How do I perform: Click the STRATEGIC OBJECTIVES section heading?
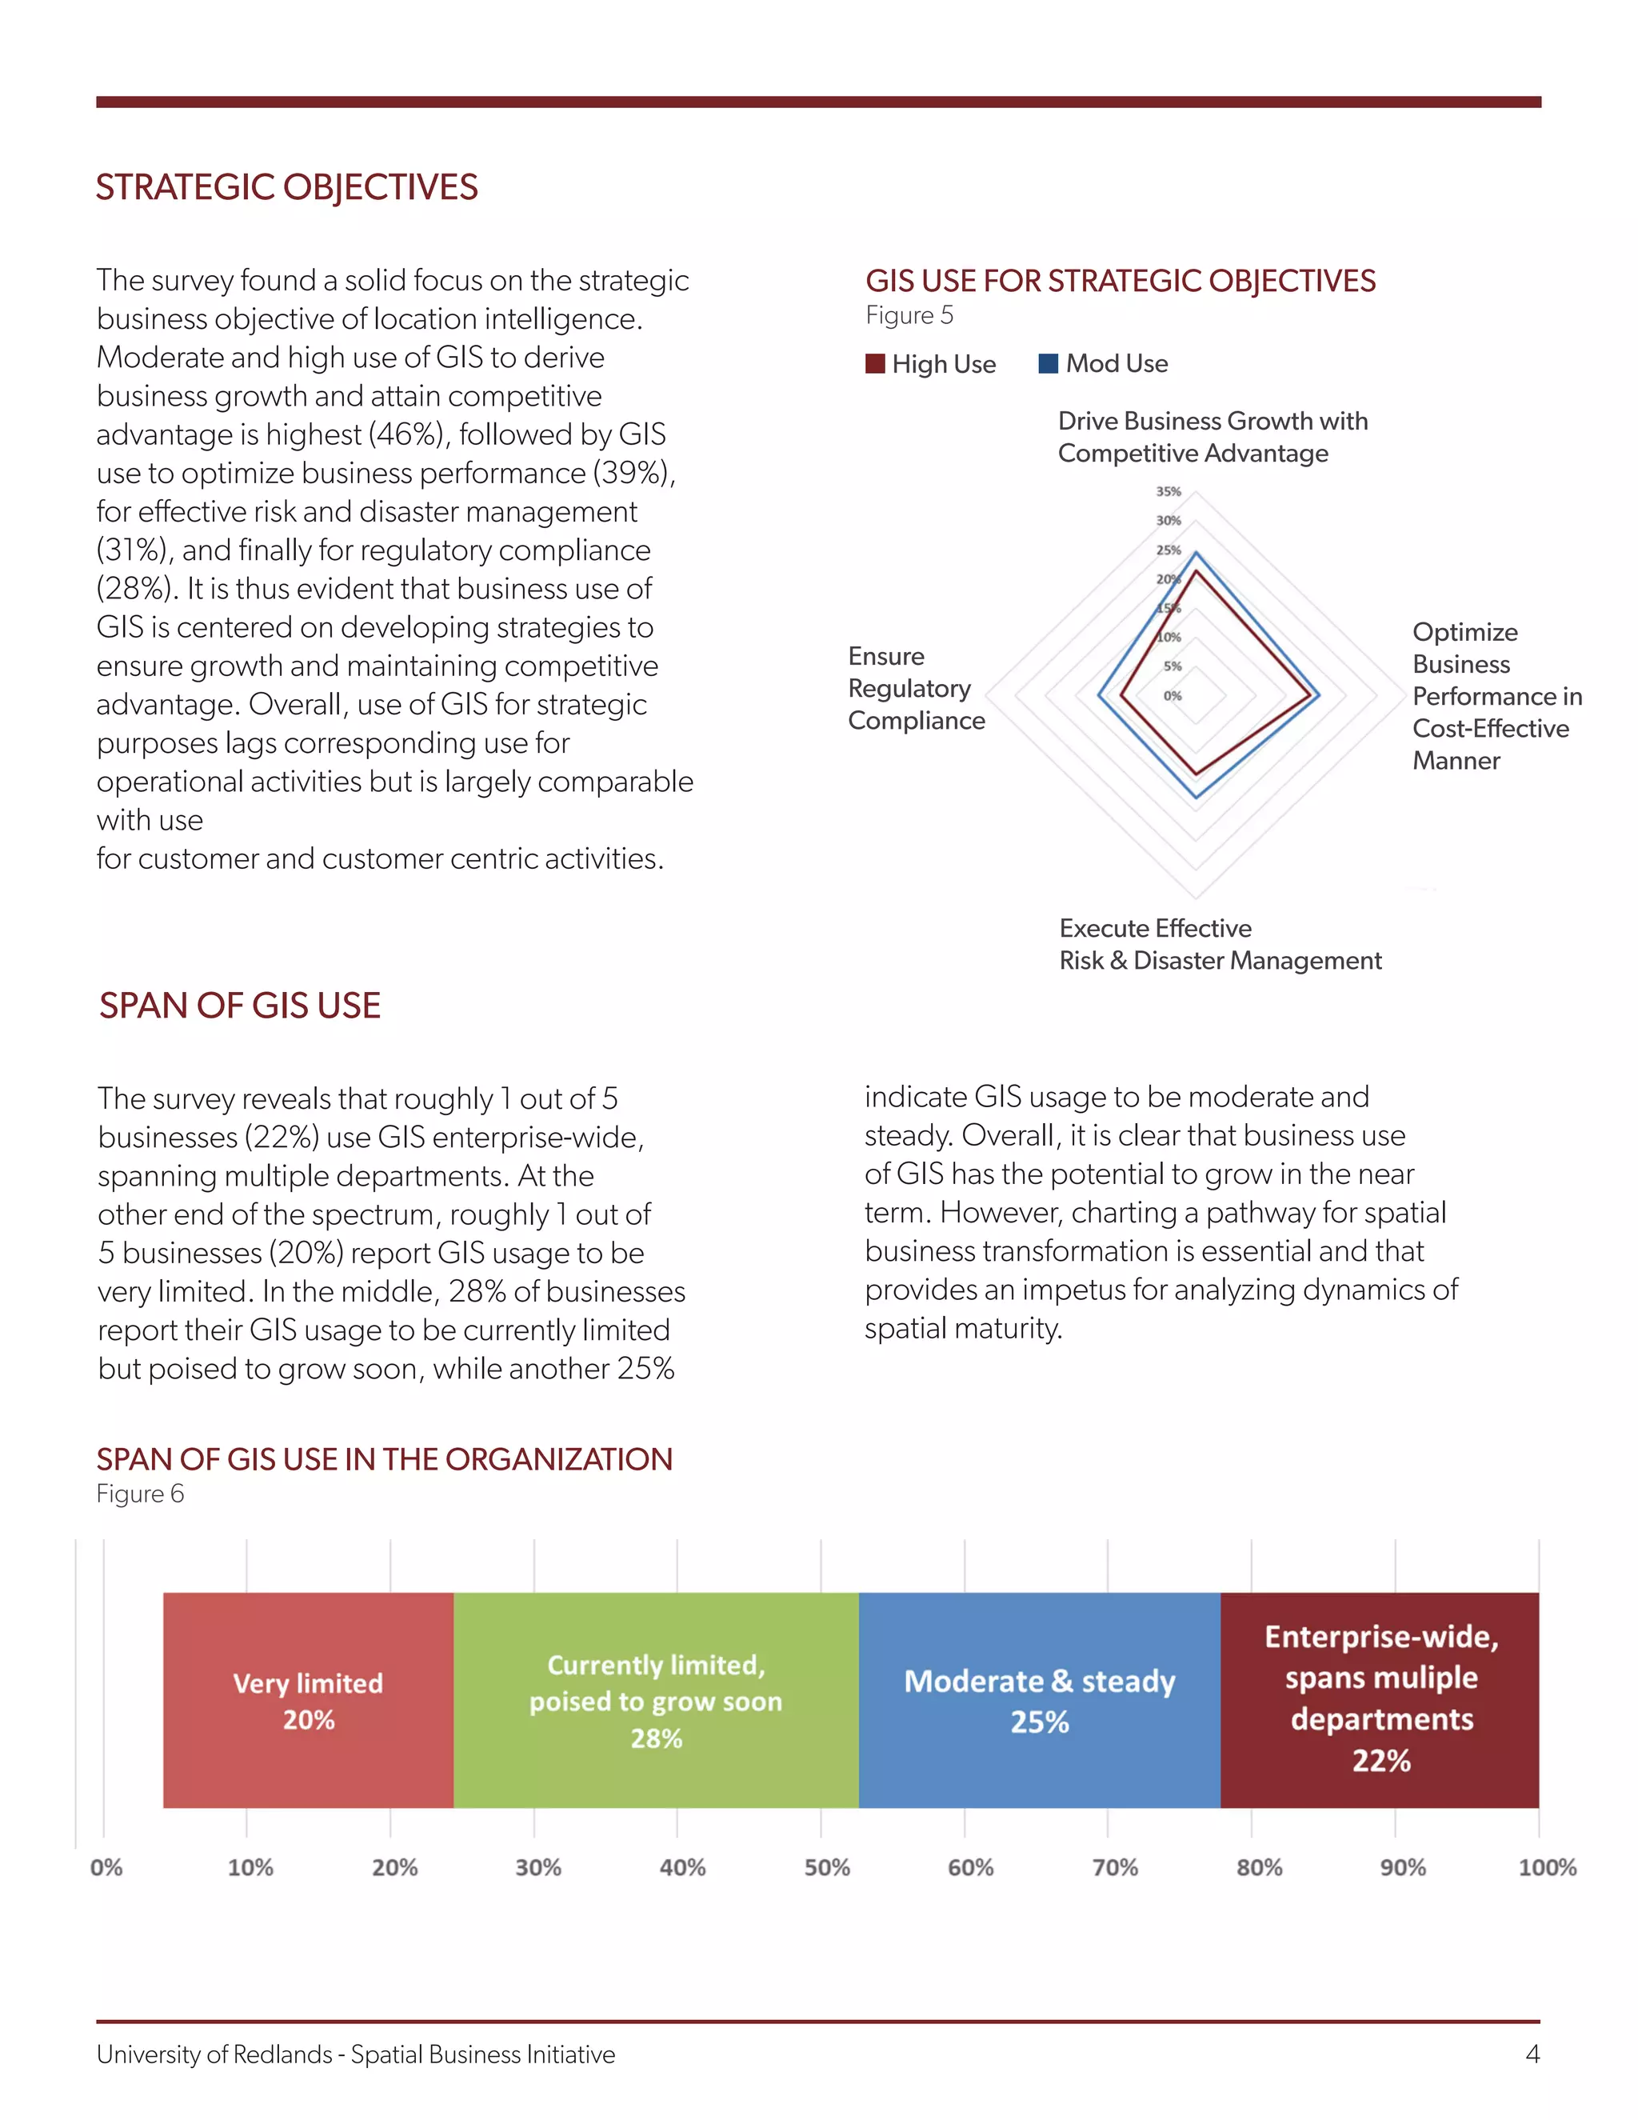click(x=286, y=187)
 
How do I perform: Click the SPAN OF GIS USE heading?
click(x=240, y=1006)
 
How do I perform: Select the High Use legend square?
click(x=875, y=363)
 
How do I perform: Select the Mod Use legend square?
click(x=1048, y=363)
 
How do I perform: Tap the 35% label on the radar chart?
click(x=1168, y=491)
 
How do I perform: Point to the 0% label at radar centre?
click(x=1173, y=695)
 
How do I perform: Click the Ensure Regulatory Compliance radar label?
click(x=916, y=688)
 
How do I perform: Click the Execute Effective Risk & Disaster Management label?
click(x=1220, y=945)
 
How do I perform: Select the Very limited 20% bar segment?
click(x=308, y=1701)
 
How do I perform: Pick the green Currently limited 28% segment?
click(x=656, y=1701)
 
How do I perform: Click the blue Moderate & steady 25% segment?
click(x=1039, y=1701)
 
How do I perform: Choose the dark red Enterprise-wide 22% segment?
click(x=1380, y=1701)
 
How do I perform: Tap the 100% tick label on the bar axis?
click(x=1547, y=1868)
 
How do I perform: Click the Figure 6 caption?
click(x=140, y=1494)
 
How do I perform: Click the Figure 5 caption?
click(x=909, y=315)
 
